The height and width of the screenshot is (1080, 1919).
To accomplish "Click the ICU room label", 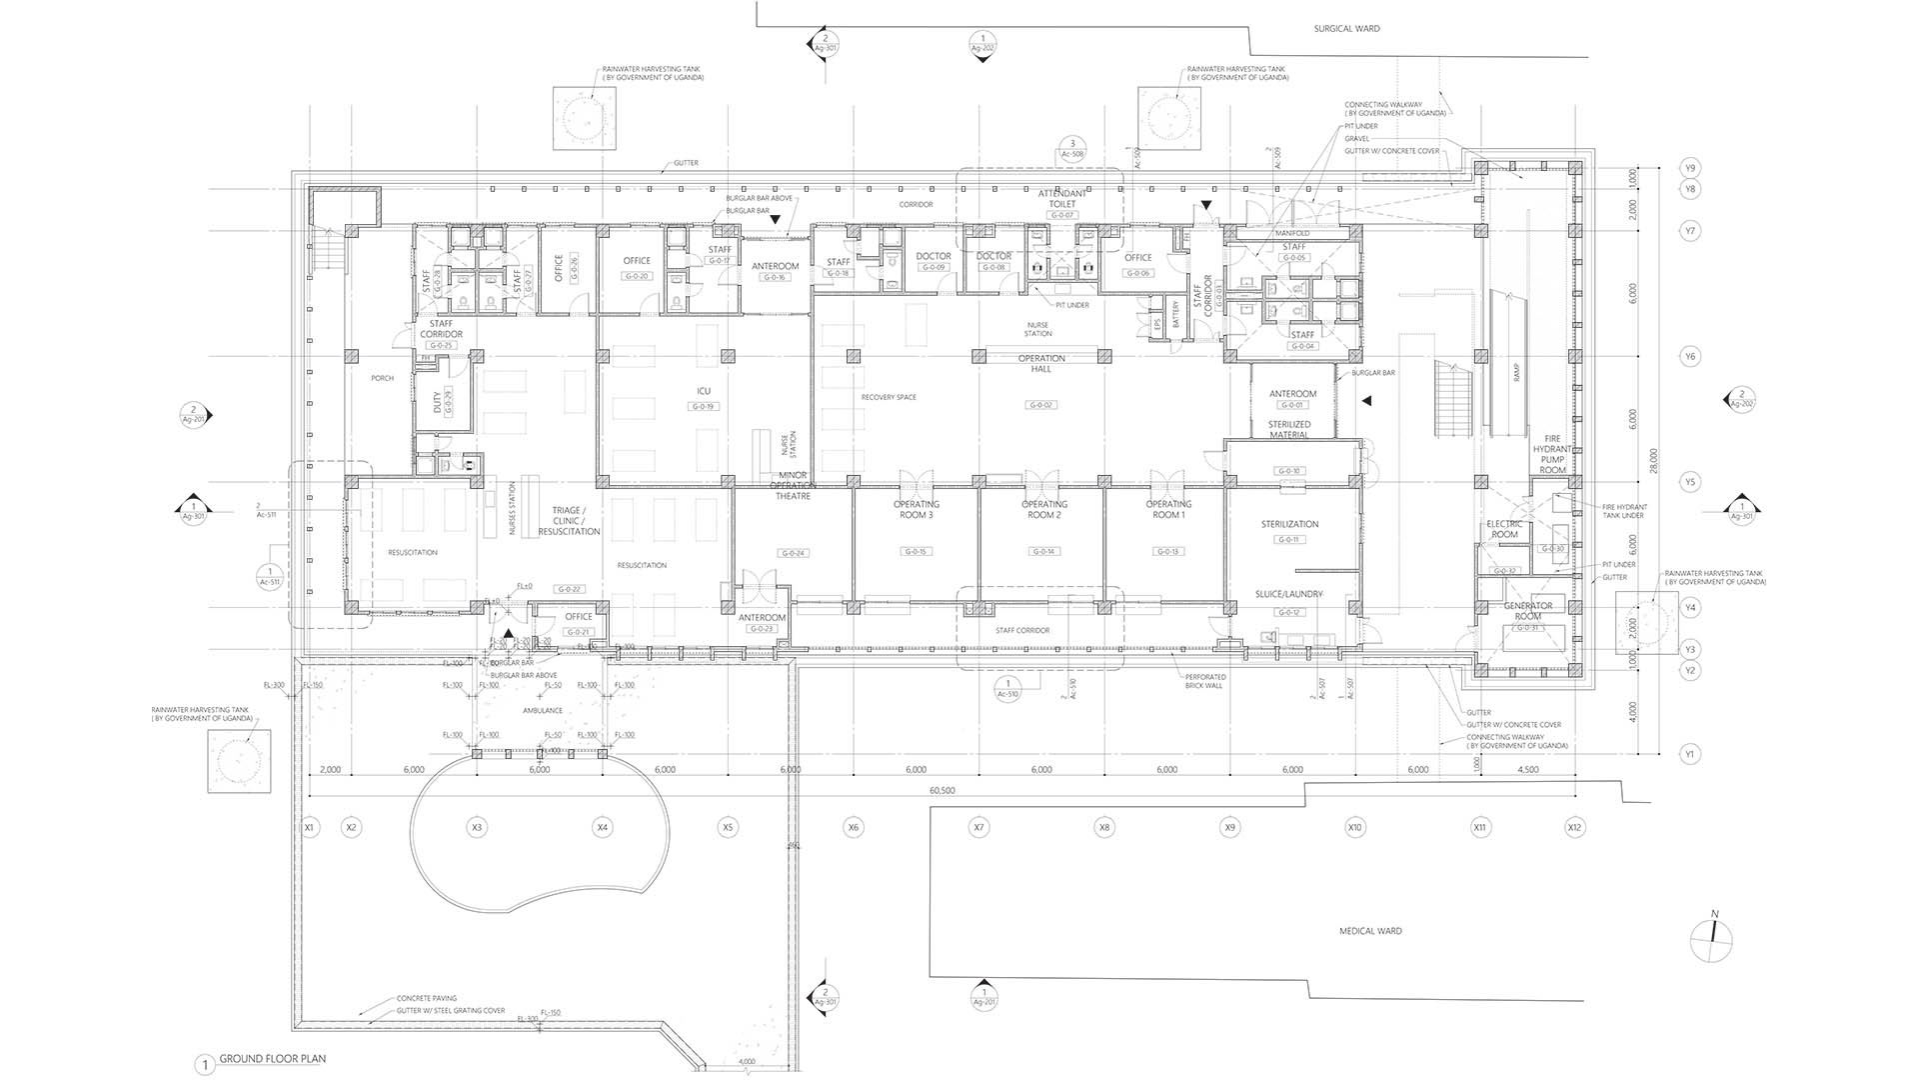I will (704, 391).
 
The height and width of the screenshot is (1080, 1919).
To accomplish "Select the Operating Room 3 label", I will (916, 509).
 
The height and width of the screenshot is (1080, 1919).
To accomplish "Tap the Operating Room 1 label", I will (1167, 509).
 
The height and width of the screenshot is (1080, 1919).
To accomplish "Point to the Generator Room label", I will (1527, 611).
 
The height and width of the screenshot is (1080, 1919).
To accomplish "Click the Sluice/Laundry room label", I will (1288, 594).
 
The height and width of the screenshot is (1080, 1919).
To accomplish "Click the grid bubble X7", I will (978, 827).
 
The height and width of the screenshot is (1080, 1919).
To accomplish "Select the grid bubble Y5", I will (1689, 482).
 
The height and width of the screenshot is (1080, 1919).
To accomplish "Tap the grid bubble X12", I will (1574, 827).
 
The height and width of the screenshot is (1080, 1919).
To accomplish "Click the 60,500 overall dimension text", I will (942, 790).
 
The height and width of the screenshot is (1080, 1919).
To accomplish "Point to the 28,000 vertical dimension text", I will (1654, 460).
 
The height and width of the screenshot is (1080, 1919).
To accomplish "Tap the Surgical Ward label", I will (1346, 29).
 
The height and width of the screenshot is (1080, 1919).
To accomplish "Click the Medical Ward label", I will (1370, 931).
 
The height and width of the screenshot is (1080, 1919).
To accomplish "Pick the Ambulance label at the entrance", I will (543, 710).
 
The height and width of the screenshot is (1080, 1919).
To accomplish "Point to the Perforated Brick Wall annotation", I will (1205, 682).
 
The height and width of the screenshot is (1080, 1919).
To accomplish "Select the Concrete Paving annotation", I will (426, 998).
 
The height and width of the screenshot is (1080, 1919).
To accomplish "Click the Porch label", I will (382, 378).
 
